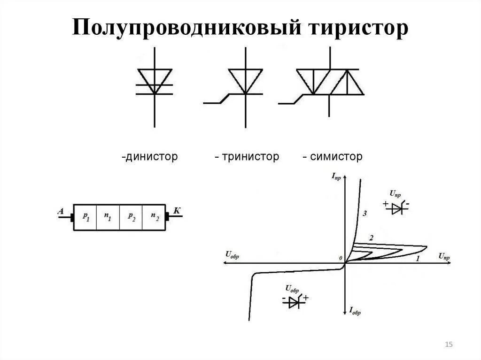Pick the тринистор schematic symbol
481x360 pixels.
point(245,84)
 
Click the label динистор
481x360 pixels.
point(150,157)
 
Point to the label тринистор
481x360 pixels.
point(247,157)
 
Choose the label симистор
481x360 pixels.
point(333,157)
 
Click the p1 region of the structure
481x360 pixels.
point(85,216)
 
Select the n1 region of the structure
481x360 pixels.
point(108,216)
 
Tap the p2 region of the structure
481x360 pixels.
point(131,216)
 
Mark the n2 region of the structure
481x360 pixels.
point(155,216)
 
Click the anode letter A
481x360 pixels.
point(61,211)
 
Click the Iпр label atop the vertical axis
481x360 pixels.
point(336,176)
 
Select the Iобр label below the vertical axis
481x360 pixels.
point(355,310)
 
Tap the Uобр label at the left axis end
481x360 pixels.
point(232,255)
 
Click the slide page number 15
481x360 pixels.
point(449,345)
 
